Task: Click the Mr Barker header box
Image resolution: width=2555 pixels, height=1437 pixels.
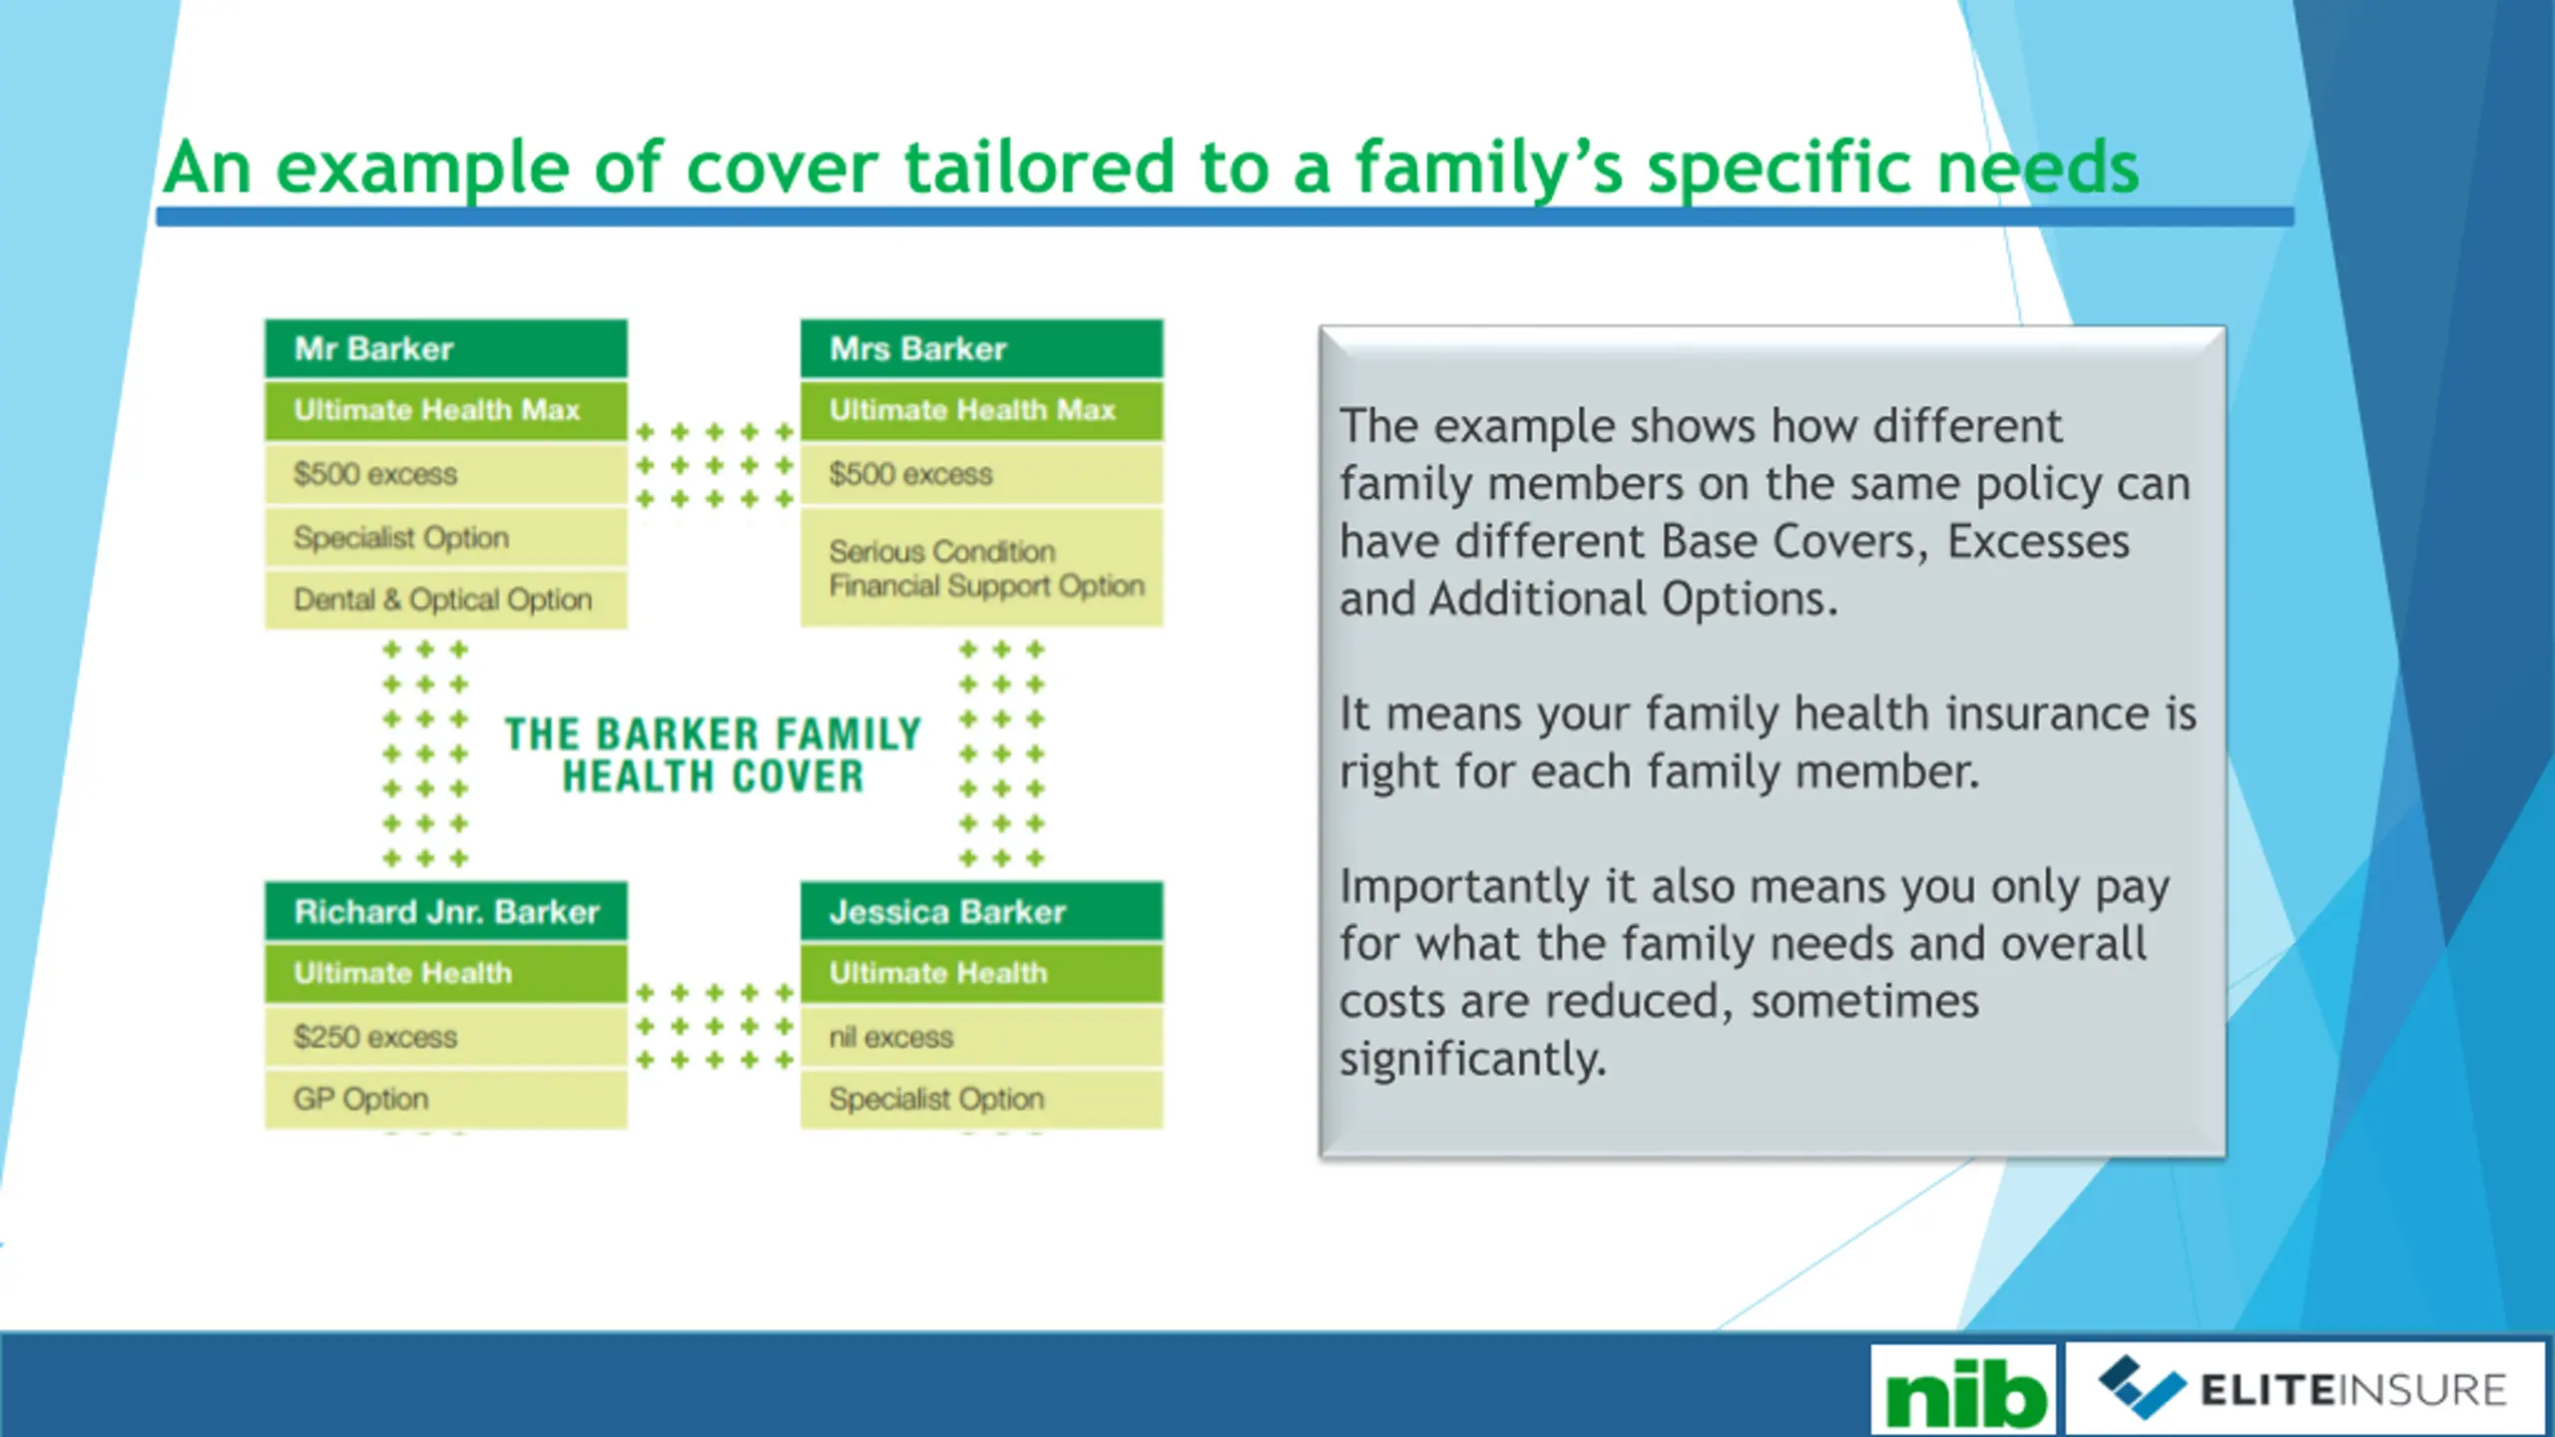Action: (x=446, y=348)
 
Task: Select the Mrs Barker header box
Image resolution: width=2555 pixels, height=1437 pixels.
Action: (x=982, y=348)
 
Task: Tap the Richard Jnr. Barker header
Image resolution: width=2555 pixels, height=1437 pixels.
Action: (x=446, y=911)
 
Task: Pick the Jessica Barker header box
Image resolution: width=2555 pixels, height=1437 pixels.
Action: (x=982, y=911)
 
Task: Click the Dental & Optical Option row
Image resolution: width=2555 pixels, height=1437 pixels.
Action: (x=446, y=600)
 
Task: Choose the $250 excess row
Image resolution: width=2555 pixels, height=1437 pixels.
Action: (x=446, y=1037)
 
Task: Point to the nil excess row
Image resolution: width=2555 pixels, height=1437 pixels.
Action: (x=982, y=1037)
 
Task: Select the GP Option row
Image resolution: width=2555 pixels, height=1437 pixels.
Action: (x=446, y=1099)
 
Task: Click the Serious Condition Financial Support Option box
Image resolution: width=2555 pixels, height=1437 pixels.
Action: (x=982, y=568)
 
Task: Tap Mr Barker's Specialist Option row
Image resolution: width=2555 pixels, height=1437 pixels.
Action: (x=446, y=537)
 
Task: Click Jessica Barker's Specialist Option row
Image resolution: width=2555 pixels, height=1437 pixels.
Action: (x=982, y=1099)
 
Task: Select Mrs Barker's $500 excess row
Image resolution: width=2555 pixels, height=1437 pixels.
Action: (x=982, y=474)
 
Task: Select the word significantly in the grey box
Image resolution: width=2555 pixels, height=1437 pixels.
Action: (x=1472, y=1060)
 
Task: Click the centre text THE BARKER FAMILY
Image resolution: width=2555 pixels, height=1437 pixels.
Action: (x=713, y=734)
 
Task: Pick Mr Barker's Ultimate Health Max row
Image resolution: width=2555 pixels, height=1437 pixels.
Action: (x=446, y=410)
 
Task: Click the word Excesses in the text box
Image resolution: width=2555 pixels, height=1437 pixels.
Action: (x=2038, y=542)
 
